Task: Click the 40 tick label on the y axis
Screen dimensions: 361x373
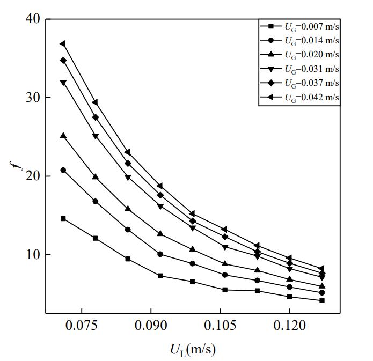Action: tap(32, 19)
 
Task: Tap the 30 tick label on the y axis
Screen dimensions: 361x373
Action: tap(32, 98)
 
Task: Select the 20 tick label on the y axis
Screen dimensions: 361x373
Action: tap(32, 176)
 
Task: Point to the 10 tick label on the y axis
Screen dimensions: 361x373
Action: tap(32, 254)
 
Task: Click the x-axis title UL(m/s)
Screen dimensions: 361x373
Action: tap(193, 350)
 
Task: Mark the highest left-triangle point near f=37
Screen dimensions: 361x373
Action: tap(63, 43)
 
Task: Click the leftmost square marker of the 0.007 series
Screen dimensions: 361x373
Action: tap(63, 219)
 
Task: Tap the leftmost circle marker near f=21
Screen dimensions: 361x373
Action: tap(63, 170)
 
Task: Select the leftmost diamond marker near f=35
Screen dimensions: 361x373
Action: tap(63, 60)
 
